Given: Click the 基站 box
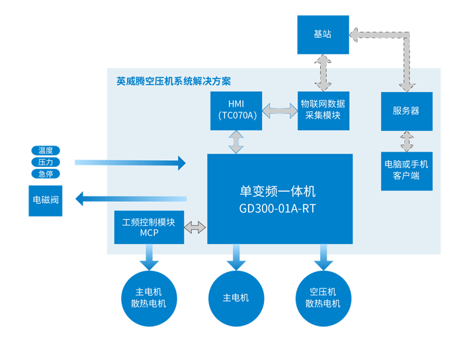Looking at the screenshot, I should pos(322,34).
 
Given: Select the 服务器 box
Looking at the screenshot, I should pos(406,111).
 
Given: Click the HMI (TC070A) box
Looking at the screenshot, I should pos(235,111).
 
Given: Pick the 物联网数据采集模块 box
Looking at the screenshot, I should pos(322,111).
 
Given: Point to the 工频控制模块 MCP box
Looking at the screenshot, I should pos(149,228).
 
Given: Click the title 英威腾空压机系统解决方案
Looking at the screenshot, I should pos(174,82).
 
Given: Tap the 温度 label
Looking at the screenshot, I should pos(46,150).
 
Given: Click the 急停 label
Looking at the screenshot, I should pos(46,174).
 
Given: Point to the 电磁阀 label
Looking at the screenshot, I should pos(46,199).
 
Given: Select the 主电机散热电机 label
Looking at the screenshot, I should pos(148,298).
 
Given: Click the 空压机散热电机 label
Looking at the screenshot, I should pos(323,298).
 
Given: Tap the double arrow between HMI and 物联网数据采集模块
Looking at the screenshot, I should pos(280,111).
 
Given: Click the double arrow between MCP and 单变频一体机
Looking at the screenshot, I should pos(195,228).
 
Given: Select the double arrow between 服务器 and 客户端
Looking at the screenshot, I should pos(407,141).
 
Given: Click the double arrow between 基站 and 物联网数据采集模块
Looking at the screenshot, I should pos(323,72).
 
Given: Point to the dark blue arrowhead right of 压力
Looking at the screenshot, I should pos(181,162).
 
